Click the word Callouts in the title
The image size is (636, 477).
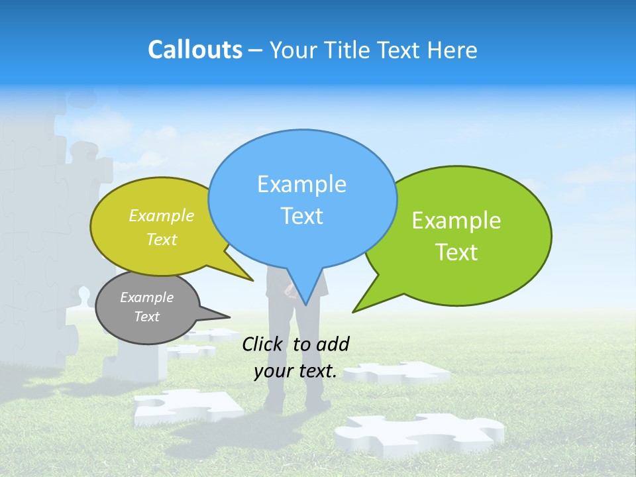(195, 50)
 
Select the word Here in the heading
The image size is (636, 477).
(452, 50)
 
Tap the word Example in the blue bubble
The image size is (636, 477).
(301, 184)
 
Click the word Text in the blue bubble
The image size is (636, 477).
(301, 216)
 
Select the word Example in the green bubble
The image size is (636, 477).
(456, 221)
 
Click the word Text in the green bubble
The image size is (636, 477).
(457, 252)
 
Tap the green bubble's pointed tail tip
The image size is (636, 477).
(353, 311)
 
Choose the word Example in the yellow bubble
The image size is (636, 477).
(162, 215)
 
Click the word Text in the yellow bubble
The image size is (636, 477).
(162, 239)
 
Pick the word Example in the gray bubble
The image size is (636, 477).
(146, 297)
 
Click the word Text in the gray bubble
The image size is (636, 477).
(146, 317)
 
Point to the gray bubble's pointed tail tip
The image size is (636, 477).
(229, 315)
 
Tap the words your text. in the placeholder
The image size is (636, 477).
(295, 372)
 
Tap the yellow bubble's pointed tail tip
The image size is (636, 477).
(252, 280)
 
